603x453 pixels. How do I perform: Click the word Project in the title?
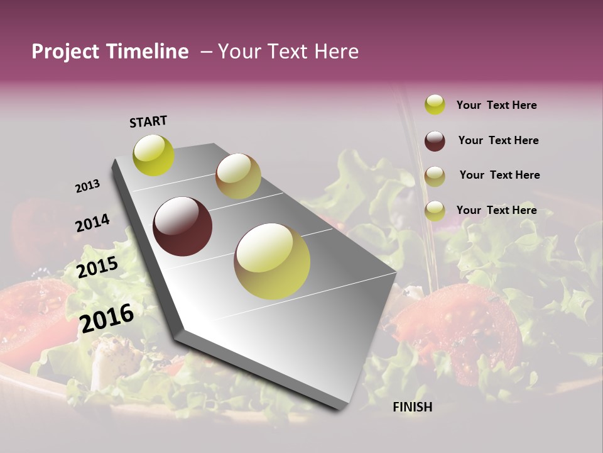[x=65, y=52]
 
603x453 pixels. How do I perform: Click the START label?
[x=148, y=121]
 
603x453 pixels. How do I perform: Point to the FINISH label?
[x=413, y=407]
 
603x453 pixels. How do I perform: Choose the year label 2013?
[x=88, y=186]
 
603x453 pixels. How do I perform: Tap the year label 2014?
[x=93, y=223]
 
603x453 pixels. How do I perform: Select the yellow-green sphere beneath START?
[x=154, y=155]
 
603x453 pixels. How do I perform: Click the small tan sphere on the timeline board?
[x=238, y=176]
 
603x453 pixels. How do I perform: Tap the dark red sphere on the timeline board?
[x=182, y=226]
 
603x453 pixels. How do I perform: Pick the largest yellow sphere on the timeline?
[x=272, y=261]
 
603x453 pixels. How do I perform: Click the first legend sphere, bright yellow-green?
[x=435, y=105]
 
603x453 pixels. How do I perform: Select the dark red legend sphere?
[x=435, y=141]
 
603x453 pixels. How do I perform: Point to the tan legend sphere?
[x=435, y=176]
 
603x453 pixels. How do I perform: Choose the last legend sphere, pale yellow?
[x=435, y=211]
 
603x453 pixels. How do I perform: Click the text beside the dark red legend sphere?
[x=498, y=140]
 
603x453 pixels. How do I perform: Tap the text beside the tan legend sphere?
[x=499, y=175]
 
